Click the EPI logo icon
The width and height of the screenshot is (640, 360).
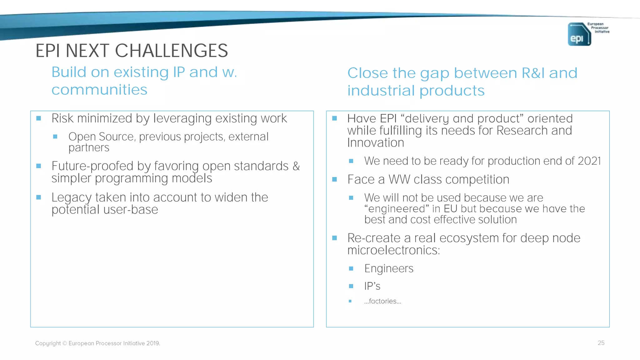tap(579, 34)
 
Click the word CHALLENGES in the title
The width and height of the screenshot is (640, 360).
tap(171, 51)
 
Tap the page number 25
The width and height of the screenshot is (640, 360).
tap(601, 343)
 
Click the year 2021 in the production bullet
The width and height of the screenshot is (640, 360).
tap(589, 161)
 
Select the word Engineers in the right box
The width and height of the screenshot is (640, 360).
tap(389, 268)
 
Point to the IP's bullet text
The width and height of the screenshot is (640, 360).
tap(372, 286)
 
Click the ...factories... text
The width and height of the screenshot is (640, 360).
tap(382, 301)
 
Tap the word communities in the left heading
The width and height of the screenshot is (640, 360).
tap(99, 90)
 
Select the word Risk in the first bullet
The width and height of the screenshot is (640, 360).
tap(62, 118)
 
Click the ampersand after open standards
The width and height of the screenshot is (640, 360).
tap(296, 166)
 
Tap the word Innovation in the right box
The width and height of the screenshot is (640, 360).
tap(376, 143)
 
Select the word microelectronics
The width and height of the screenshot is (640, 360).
tap(393, 250)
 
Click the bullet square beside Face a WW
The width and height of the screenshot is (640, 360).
tap(334, 179)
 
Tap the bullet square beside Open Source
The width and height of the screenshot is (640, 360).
tap(55, 137)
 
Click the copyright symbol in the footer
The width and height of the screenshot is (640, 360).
tap(65, 343)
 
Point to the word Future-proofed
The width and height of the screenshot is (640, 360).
tap(93, 166)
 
